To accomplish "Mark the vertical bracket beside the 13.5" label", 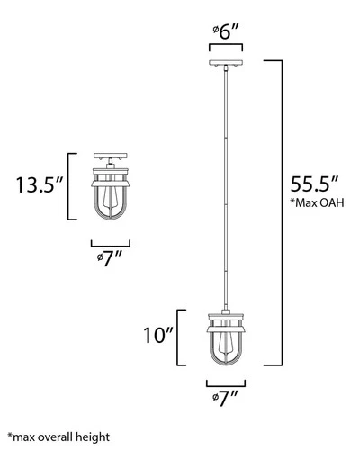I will (71, 187).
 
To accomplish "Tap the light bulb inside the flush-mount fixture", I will (111, 197).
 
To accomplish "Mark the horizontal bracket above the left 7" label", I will (111, 242).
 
